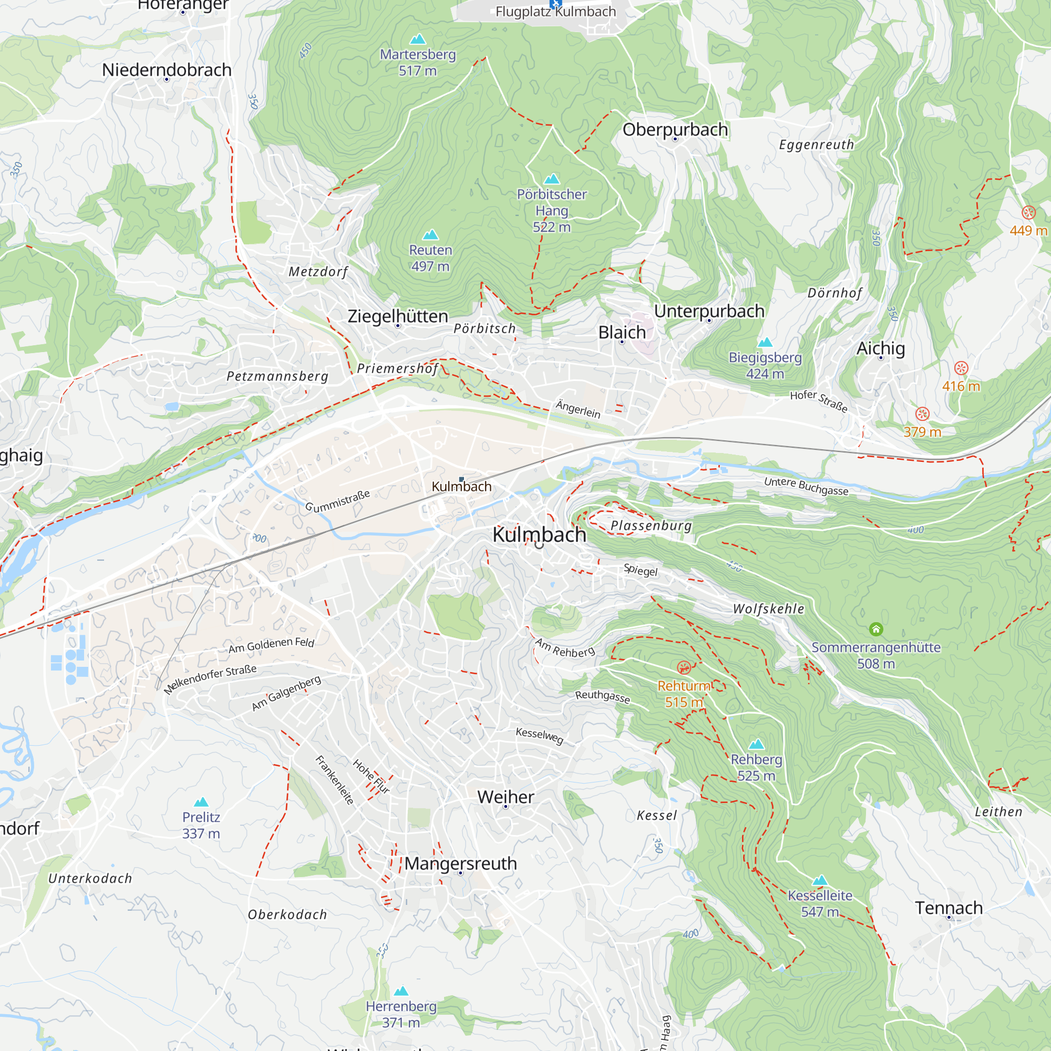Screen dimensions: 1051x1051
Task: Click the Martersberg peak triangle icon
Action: [x=418, y=39]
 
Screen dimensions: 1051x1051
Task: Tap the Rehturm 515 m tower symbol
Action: [x=684, y=667]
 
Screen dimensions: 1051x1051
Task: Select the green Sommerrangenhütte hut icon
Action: [x=876, y=630]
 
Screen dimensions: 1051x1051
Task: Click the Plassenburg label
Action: [x=651, y=525]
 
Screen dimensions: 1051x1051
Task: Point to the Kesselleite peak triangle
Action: [x=820, y=880]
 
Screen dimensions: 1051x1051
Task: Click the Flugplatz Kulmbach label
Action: [x=555, y=12]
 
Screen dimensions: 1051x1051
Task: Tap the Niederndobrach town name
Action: [x=167, y=70]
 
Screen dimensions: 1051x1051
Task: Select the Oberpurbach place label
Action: [x=675, y=129]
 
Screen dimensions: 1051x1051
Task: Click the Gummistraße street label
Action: [x=337, y=501]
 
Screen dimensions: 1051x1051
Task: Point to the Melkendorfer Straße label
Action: [x=210, y=679]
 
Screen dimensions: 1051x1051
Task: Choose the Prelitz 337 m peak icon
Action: [x=201, y=802]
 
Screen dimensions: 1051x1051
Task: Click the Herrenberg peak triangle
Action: [x=401, y=991]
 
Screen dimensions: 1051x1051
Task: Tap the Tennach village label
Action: [x=949, y=908]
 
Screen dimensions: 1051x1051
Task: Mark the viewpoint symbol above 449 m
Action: [x=1028, y=212]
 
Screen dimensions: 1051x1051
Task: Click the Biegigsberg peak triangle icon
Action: [x=766, y=342]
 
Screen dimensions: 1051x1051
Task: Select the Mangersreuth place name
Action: [x=460, y=863]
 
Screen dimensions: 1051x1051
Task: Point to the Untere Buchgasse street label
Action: [x=806, y=486]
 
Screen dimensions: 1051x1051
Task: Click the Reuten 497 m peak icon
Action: [x=430, y=234]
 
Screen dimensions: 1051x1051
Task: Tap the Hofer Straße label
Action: [x=819, y=401]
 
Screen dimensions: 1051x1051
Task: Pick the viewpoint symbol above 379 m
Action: [x=922, y=414]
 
